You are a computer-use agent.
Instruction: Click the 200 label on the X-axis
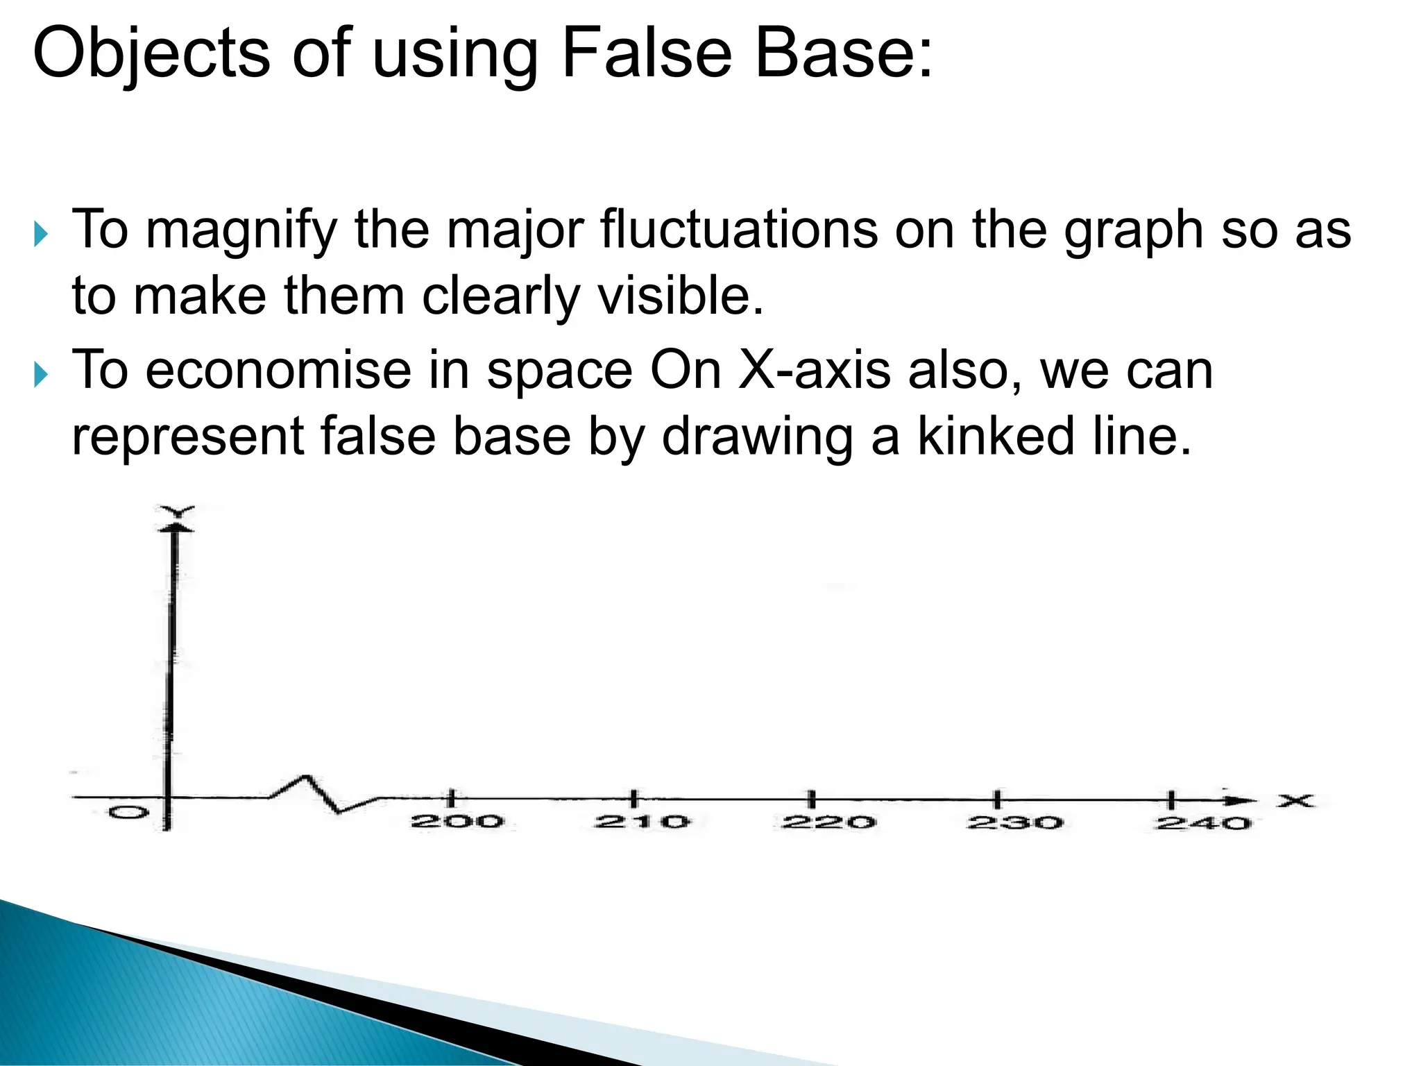click(457, 822)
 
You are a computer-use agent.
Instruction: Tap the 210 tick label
click(642, 822)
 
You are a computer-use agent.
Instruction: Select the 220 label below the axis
click(828, 822)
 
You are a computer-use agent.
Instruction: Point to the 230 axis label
click(1015, 823)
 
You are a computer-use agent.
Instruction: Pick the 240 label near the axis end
click(1203, 824)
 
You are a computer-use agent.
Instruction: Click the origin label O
click(128, 812)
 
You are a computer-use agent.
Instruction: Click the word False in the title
click(647, 53)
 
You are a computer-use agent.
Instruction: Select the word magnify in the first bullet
click(241, 230)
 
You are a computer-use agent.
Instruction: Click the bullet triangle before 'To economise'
click(42, 375)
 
